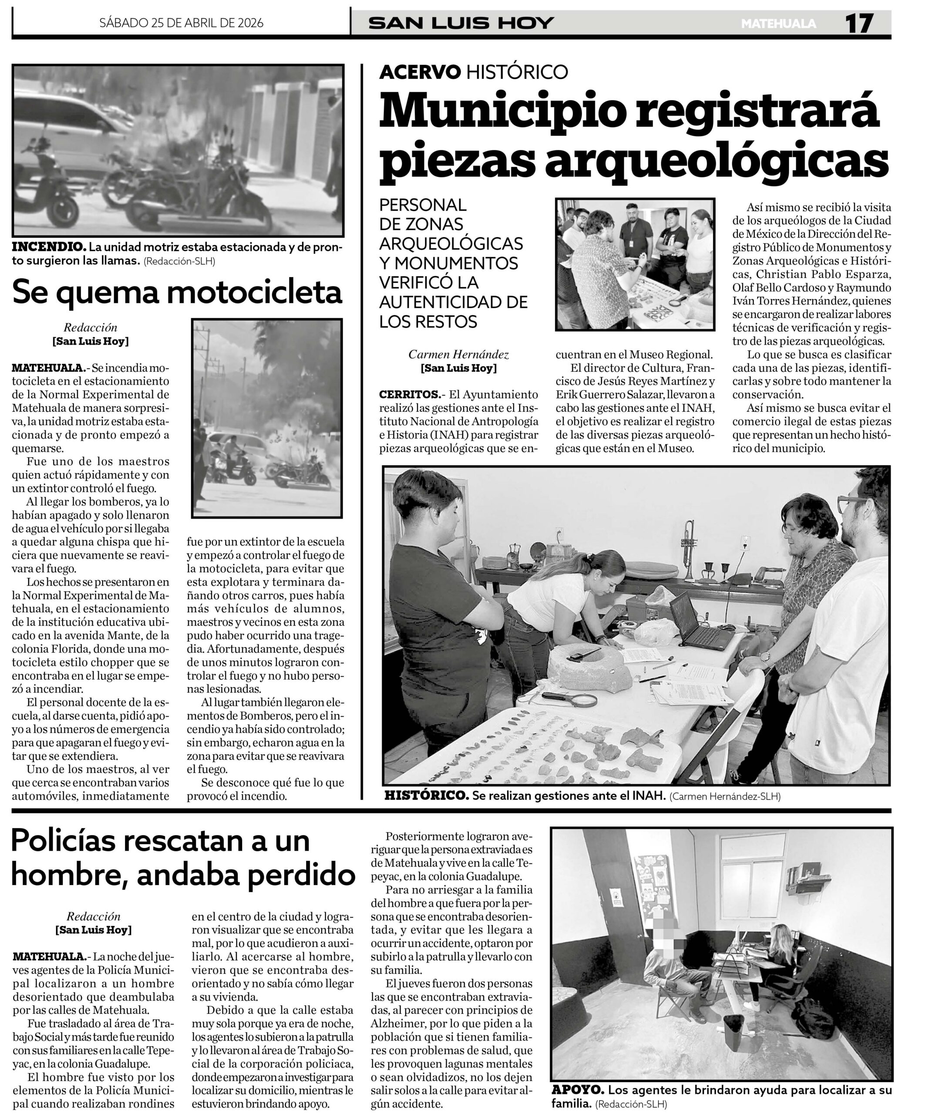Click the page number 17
click(859, 23)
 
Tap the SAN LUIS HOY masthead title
click(461, 23)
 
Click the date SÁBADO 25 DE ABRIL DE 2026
click(181, 23)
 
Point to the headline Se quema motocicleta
click(177, 292)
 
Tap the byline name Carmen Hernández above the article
click(458, 354)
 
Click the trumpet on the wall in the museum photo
click(689, 547)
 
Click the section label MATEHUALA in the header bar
click(778, 24)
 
